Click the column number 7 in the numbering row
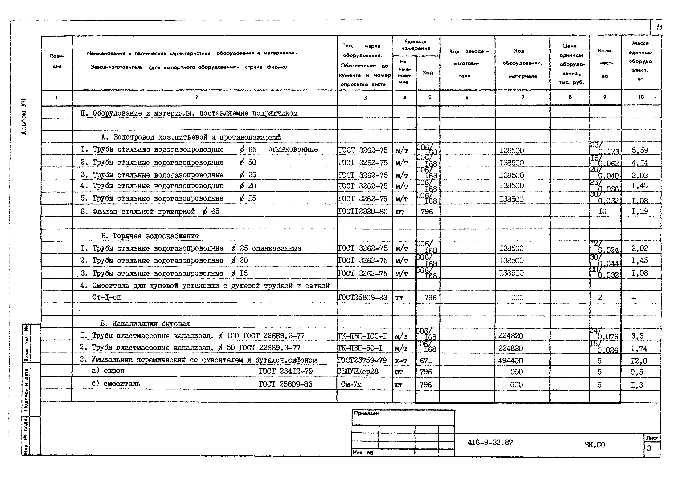click(523, 97)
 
